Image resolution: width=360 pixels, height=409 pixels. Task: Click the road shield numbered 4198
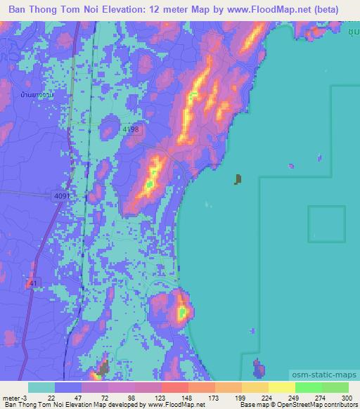131,130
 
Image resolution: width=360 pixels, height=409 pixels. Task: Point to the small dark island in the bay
238,179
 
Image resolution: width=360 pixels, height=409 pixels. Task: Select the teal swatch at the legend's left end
41,387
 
